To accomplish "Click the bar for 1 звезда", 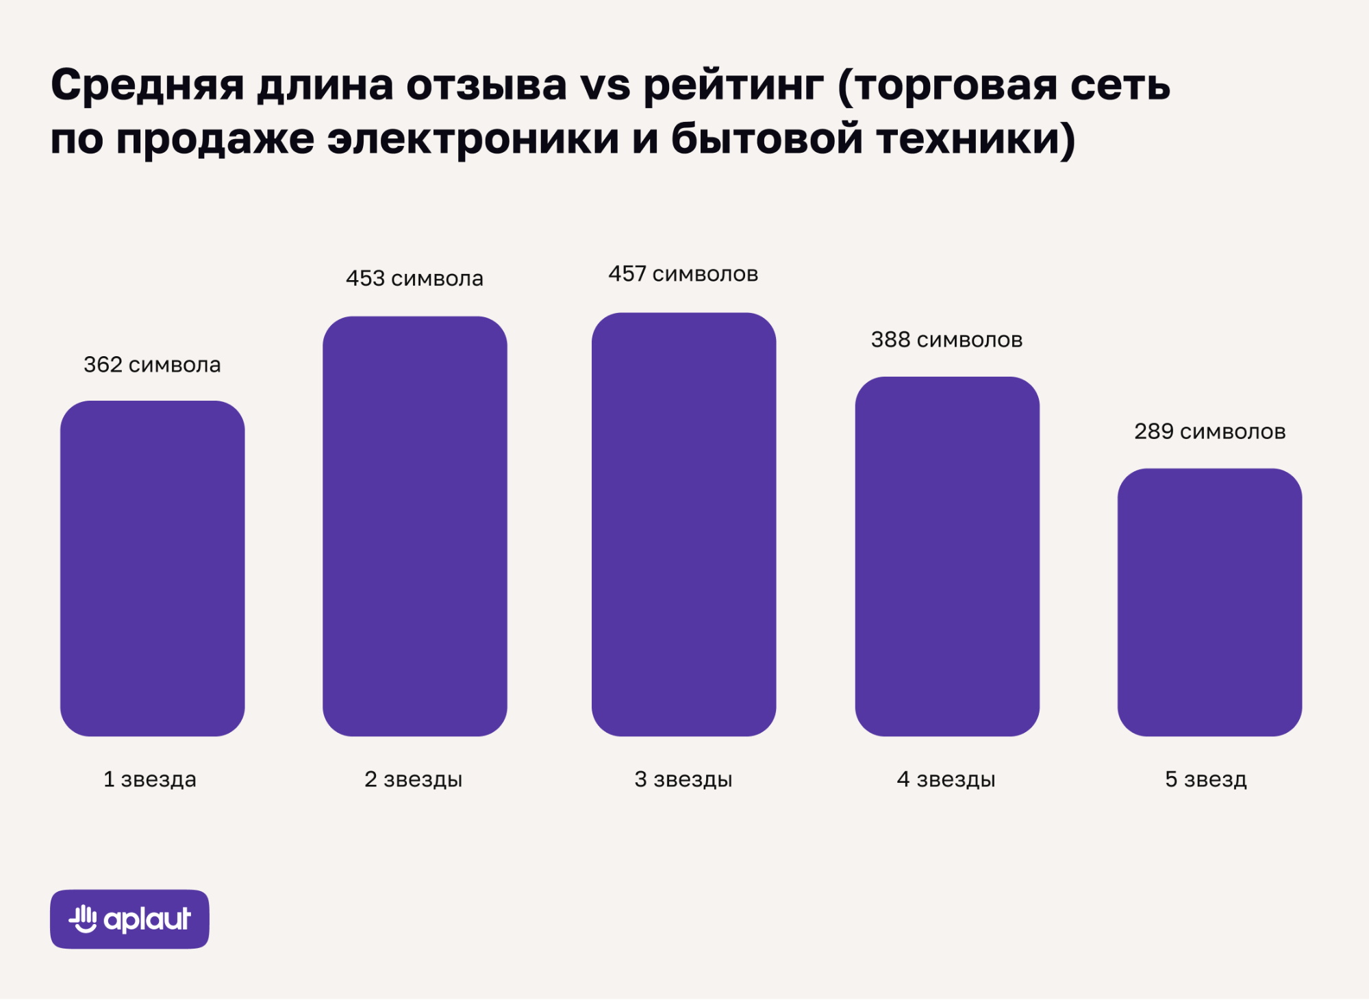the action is click(153, 568).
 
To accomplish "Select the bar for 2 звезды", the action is click(415, 526).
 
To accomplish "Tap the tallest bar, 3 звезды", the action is click(684, 525).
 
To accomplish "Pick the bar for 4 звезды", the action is click(947, 557).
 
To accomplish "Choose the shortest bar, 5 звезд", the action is click(1210, 603).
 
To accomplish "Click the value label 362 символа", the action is click(152, 364).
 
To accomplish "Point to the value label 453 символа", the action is click(414, 278).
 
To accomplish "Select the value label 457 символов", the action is click(683, 274).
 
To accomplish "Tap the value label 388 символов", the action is click(946, 340).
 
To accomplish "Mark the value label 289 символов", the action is click(1210, 432).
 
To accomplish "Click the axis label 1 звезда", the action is click(150, 779).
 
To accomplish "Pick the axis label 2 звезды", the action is click(414, 779).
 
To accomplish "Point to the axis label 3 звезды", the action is click(683, 779).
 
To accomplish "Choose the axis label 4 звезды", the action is click(946, 779).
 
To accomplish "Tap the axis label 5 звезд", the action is click(1206, 779).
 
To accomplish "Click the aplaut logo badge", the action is click(129, 919).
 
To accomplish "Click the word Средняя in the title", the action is click(147, 86).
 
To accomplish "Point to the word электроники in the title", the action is click(473, 139).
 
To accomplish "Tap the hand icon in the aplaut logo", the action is click(84, 919).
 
